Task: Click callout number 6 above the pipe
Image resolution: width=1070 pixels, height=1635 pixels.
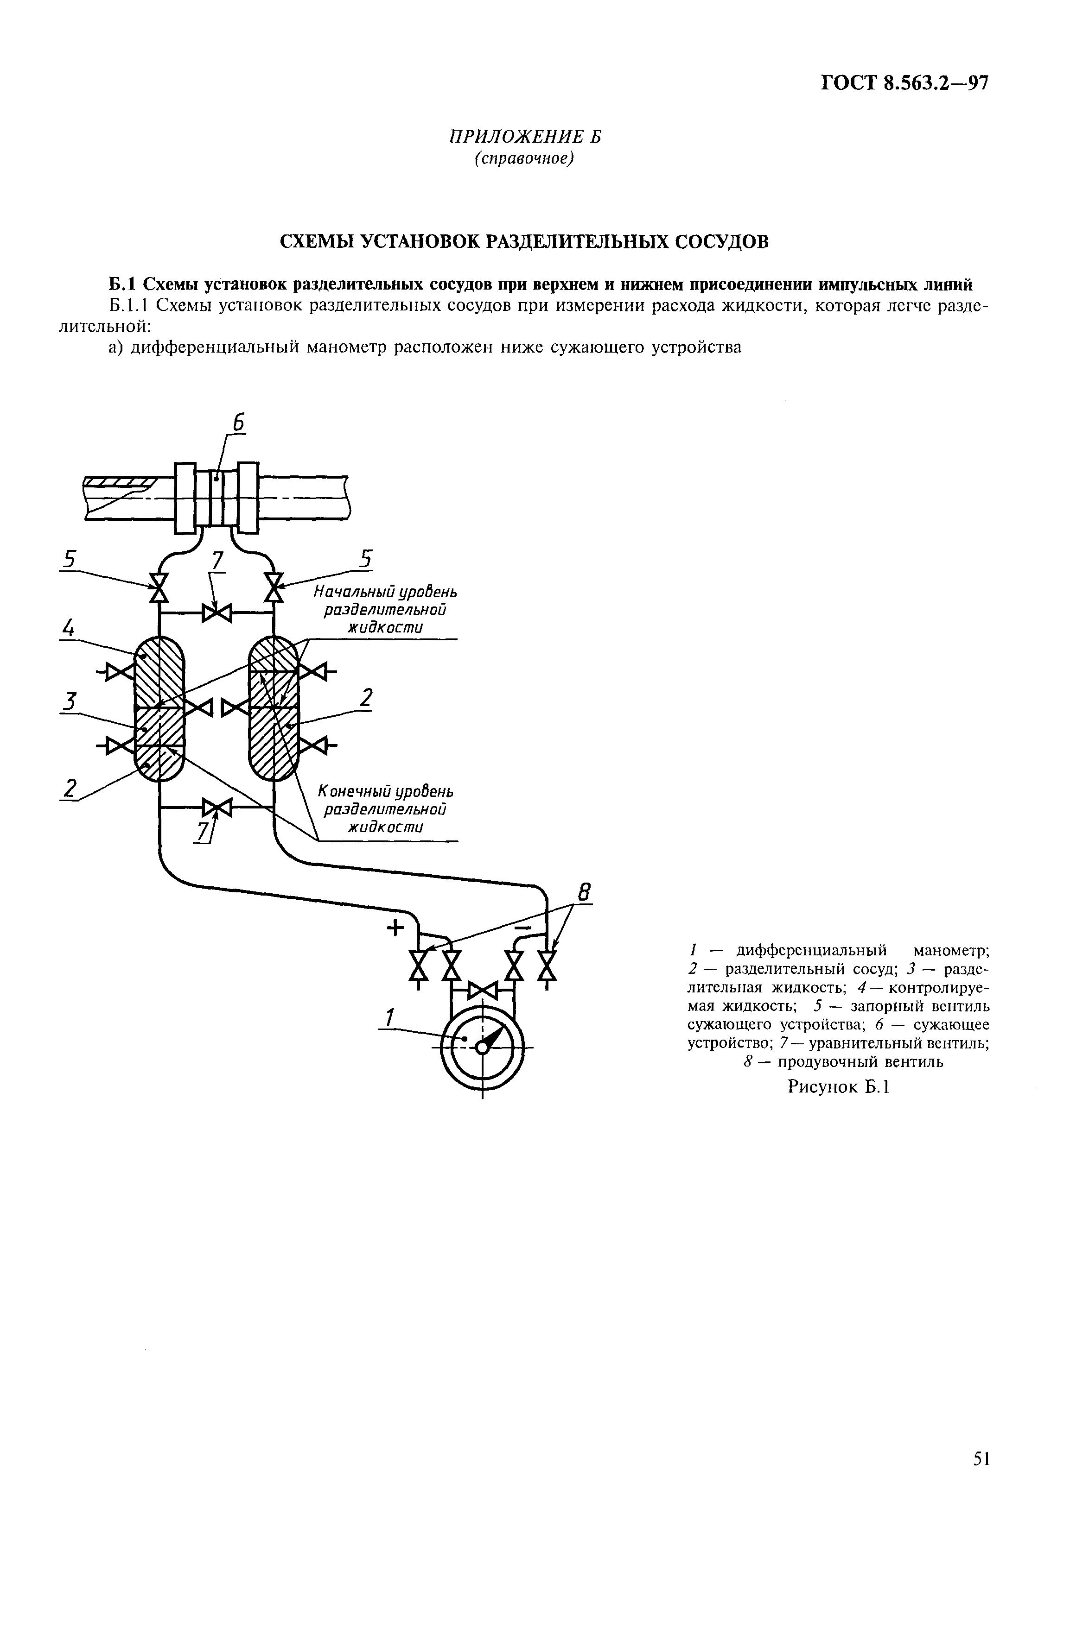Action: (x=238, y=423)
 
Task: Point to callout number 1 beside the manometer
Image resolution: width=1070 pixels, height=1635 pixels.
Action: (x=389, y=1017)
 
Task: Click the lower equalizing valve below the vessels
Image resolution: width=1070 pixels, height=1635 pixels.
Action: (x=217, y=807)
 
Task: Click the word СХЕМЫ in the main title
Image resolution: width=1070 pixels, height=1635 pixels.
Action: (x=315, y=242)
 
